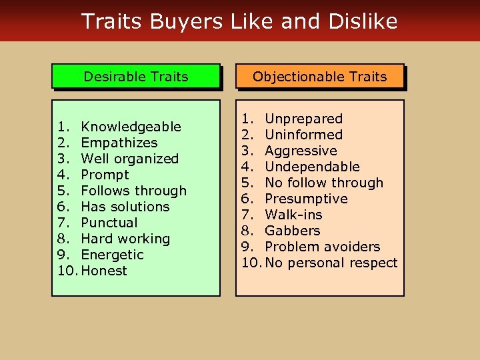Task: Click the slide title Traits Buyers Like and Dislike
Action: pos(239,21)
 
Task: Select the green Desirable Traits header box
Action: pos(136,77)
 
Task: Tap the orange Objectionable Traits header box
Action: pos(319,77)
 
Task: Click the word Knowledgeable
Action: pos(131,127)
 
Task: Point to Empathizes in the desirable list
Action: pos(119,143)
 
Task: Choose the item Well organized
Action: pos(129,159)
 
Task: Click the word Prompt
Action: pos(105,175)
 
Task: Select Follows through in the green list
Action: pos(133,191)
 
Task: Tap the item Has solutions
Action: pos(125,207)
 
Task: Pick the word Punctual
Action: pos(109,223)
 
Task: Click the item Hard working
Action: pos(125,239)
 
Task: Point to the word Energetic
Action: pos(112,255)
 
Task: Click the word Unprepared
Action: pos(303,119)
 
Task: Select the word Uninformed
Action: pos(303,135)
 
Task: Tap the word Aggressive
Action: pos(301,151)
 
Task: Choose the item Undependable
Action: pos(312,167)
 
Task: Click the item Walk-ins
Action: pos(293,215)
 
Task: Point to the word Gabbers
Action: pos(292,231)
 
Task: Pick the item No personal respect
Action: pos(331,263)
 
